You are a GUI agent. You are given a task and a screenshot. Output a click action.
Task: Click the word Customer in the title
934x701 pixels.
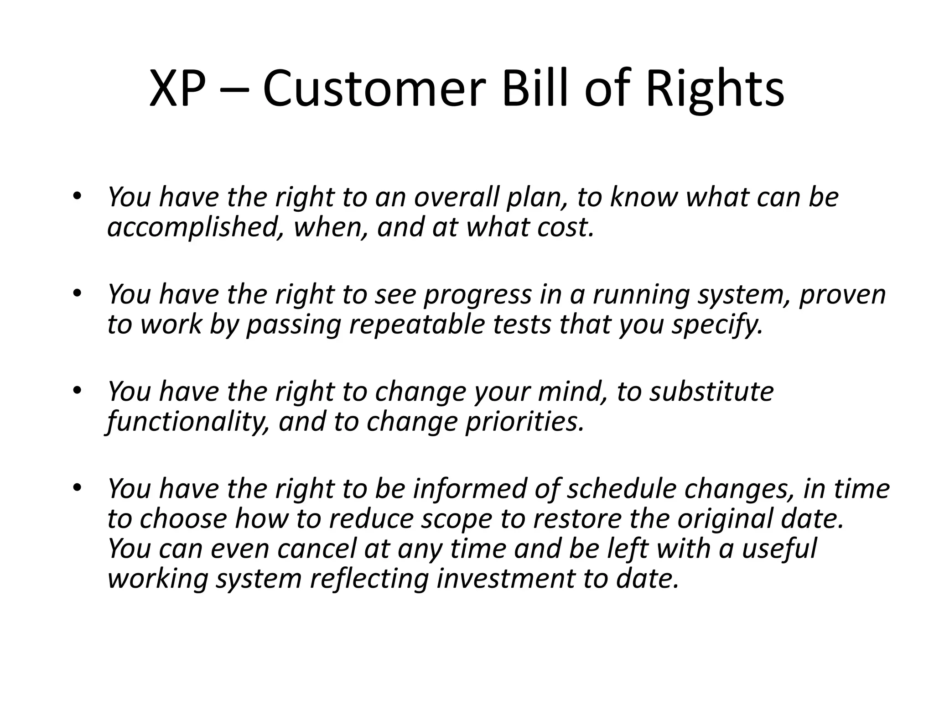click(372, 89)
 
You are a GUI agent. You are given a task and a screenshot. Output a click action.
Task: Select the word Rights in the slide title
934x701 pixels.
click(714, 89)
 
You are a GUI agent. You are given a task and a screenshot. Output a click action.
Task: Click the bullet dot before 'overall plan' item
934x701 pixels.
click(76, 196)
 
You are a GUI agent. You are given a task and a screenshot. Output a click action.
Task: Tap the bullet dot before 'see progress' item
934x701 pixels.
click(76, 293)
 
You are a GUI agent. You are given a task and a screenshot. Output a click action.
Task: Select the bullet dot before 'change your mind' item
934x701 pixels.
click(76, 391)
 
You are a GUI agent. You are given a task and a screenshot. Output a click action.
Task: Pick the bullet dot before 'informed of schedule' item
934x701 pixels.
click(76, 488)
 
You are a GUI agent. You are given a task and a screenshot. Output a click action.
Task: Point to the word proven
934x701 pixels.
click(842, 294)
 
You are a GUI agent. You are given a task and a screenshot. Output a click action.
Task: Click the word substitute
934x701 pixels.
click(711, 392)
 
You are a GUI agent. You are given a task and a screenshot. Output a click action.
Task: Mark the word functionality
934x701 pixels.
click(187, 422)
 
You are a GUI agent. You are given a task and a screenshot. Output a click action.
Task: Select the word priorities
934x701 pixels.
click(524, 422)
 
